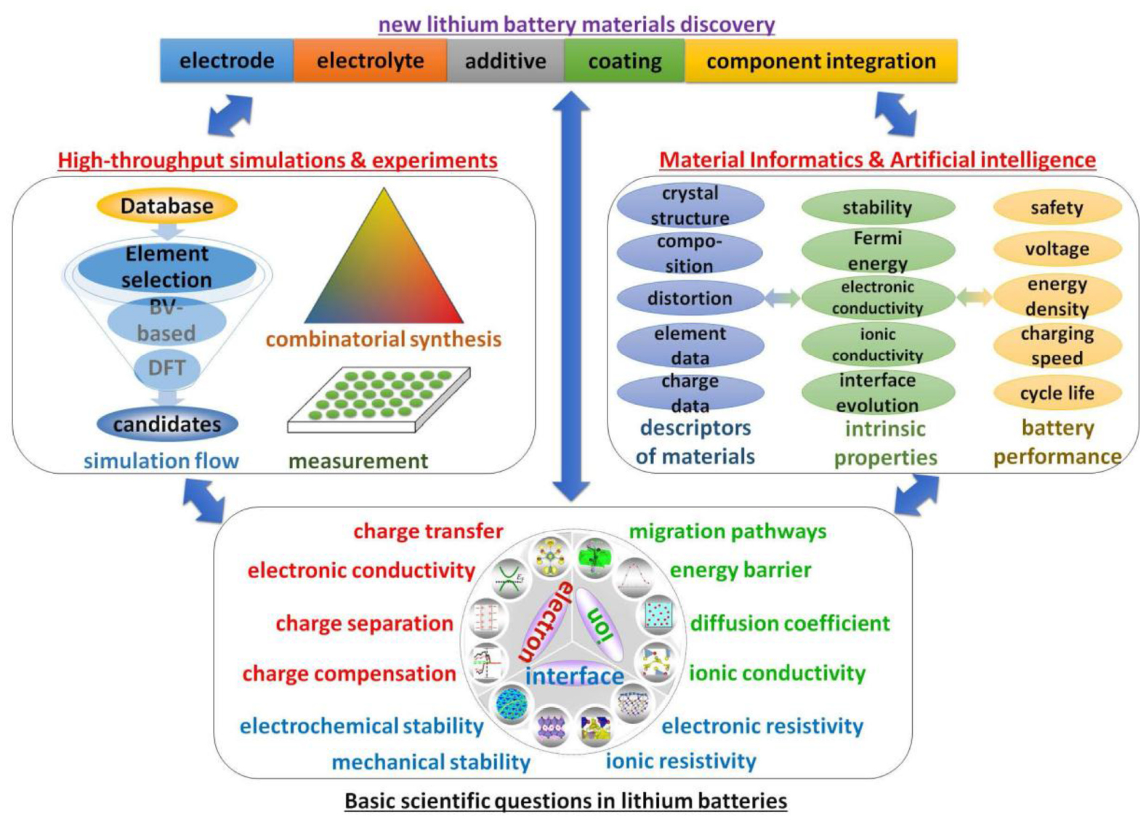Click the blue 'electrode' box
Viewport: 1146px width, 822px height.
(x=227, y=60)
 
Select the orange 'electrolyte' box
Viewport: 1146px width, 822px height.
(x=370, y=60)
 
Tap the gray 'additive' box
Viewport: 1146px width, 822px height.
(x=505, y=60)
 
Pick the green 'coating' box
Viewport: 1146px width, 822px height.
(x=624, y=60)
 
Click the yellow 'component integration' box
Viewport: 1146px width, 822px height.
(x=820, y=60)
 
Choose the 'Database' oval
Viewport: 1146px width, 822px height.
(x=167, y=206)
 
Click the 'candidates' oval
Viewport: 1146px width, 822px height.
(x=167, y=424)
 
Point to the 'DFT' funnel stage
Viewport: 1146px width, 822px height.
(x=166, y=368)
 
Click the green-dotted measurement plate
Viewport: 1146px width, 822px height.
(x=379, y=398)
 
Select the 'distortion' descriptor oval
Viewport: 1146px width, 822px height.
(x=690, y=298)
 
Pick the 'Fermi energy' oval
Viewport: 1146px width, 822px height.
(x=877, y=251)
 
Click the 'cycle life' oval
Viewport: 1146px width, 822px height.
(x=1057, y=393)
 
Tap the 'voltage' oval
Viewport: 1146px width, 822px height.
(x=1057, y=249)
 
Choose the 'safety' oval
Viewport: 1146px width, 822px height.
(x=1057, y=208)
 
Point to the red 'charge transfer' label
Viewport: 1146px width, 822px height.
(x=428, y=531)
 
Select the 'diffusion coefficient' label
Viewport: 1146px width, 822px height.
(x=790, y=623)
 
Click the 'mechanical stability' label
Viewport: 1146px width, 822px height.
(x=431, y=762)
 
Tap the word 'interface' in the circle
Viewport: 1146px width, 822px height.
(x=574, y=676)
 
